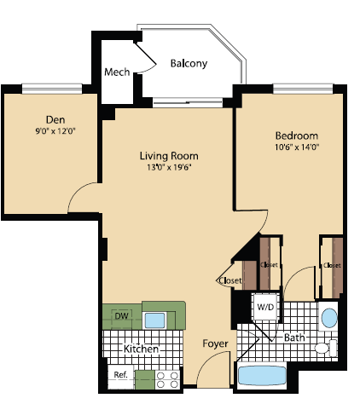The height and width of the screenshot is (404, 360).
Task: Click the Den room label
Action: pos(56,118)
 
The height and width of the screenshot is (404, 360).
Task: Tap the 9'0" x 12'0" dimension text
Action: pos(56,131)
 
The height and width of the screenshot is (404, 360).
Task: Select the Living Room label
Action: pos(169,156)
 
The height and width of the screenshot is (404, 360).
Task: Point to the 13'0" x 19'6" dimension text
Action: pos(169,168)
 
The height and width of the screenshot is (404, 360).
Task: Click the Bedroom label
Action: pos(296,136)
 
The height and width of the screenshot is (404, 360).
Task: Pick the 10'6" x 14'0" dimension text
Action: pos(296,147)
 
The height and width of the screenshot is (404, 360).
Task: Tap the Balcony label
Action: pos(189,64)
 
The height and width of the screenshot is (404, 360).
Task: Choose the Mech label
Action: pos(117,72)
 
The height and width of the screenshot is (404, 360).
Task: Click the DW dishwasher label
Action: pos(121,316)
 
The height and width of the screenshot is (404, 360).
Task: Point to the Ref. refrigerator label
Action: pos(119,374)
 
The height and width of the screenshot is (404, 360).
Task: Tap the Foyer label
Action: pos(214,343)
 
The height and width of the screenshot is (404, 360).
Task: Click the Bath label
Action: pos(294,338)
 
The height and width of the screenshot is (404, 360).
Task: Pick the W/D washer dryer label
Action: pos(265,306)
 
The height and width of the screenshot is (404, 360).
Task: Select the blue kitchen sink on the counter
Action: pos(154,320)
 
